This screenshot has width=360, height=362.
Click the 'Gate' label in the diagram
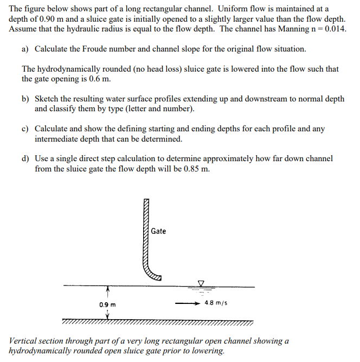click(x=158, y=231)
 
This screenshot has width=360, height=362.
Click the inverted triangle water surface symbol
click(x=201, y=283)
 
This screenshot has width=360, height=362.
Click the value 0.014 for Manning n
click(x=333, y=29)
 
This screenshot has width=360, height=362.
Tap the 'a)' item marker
click(x=25, y=49)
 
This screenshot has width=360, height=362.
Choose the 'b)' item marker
click(x=25, y=99)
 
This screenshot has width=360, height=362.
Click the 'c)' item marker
click(x=25, y=129)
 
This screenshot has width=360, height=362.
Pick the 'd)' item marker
click(x=25, y=158)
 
